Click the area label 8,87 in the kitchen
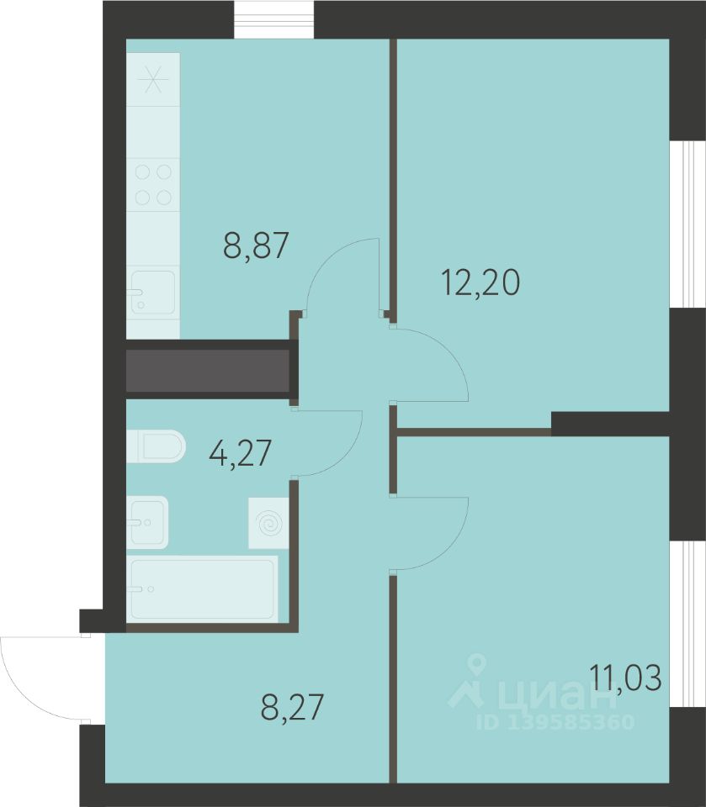click(256, 245)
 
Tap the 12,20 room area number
click(480, 282)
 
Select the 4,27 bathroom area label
click(240, 453)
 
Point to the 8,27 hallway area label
click(292, 707)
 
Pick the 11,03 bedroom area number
click(625, 678)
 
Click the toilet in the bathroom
click(156, 446)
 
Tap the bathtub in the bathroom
click(202, 588)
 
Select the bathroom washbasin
click(147, 522)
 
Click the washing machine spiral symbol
click(268, 523)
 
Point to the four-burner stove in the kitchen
click(153, 184)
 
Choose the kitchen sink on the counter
click(153, 293)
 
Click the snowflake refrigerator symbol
click(153, 79)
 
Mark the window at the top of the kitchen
click(273, 19)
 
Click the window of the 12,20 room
click(687, 224)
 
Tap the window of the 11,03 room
click(687, 624)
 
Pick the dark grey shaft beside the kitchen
click(207, 371)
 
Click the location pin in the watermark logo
click(479, 664)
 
